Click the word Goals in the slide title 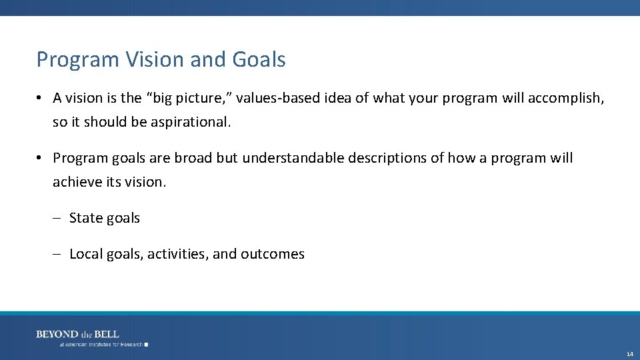click(259, 60)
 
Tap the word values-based click(277, 98)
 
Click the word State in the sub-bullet click(85, 218)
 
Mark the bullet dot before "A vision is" click(41, 99)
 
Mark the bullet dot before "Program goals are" click(41, 159)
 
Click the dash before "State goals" click(57, 219)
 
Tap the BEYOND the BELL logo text click(77, 334)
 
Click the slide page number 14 click(630, 353)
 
